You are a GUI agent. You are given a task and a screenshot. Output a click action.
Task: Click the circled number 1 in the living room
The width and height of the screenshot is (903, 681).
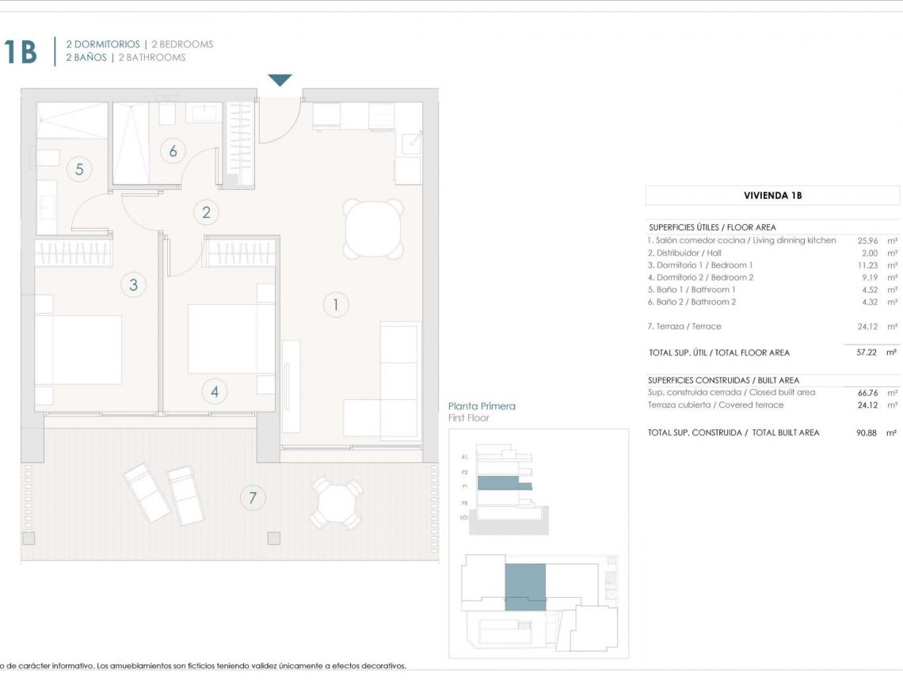pos(336,305)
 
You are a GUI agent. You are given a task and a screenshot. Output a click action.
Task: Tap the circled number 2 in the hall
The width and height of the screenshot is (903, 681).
pos(207,212)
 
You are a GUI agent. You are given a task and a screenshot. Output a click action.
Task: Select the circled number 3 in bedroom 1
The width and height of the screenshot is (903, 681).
pos(133,285)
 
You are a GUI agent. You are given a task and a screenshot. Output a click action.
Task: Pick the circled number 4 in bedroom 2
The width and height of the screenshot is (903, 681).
pos(214,390)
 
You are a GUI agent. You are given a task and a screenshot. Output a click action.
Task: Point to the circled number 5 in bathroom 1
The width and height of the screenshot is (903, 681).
pos(79,169)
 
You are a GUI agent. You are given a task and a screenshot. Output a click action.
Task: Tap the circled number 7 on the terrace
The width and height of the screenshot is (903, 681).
pos(253,498)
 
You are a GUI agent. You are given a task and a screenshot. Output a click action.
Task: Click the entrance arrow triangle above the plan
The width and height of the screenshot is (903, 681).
pos(280,80)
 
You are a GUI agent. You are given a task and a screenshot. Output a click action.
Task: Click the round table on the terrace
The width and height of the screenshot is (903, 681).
pos(336,502)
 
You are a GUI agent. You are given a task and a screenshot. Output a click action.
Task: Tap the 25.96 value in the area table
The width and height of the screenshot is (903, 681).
pos(867,241)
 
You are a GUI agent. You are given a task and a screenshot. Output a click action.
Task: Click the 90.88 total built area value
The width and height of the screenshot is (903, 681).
pos(867,433)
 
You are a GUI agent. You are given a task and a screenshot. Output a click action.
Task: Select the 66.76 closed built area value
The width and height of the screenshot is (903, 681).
pos(867,393)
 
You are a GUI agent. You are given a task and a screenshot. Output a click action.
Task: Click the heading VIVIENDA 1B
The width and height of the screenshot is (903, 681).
pos(772,196)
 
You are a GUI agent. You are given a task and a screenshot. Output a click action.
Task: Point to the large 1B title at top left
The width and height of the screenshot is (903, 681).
pos(20,52)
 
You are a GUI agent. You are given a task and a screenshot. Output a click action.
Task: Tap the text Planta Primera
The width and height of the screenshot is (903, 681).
pos(482,406)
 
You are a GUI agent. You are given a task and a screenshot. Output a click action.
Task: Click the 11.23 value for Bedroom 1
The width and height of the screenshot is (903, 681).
pos(867,265)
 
